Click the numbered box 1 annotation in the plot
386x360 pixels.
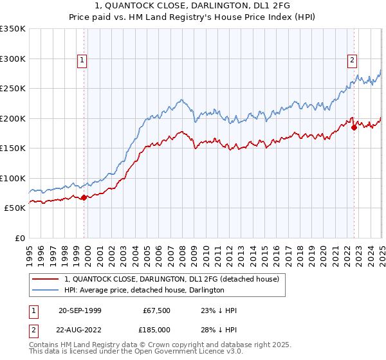[x=83, y=61]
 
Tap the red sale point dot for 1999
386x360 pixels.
[x=84, y=197]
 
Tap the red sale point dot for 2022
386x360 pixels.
[x=354, y=127]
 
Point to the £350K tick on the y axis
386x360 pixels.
[x=13, y=29]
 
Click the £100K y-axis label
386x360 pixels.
[x=13, y=178]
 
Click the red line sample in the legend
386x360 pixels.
[x=46, y=280]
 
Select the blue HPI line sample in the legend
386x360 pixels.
[x=46, y=291]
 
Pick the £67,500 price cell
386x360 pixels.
[x=155, y=310]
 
